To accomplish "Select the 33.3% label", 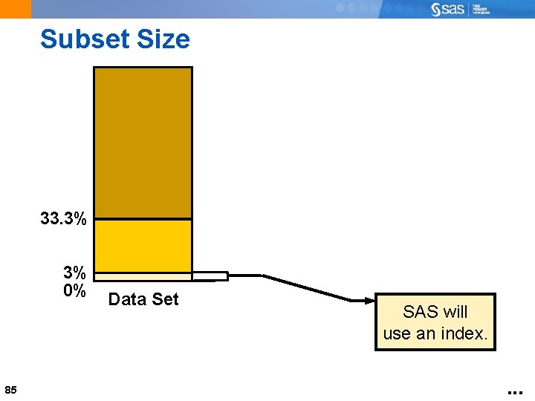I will [63, 219].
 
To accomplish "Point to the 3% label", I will [74, 273].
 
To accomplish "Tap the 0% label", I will [74, 290].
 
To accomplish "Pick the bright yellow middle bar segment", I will [143, 246].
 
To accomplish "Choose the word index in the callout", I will [465, 334].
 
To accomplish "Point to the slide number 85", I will [10, 390].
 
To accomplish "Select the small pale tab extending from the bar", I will [210, 277].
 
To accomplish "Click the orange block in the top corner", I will [16, 9].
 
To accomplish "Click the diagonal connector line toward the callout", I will [305, 288].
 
